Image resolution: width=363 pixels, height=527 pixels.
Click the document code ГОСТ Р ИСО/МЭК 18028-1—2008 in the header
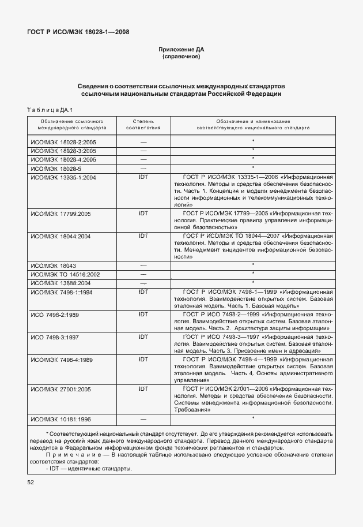[x=78, y=32]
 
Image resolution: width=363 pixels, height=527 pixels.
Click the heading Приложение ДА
[x=181, y=50]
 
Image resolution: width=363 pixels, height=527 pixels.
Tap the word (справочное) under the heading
[x=181, y=57]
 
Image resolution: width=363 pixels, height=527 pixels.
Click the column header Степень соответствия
[x=143, y=125]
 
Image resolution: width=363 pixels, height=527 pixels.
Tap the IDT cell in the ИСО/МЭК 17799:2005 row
[x=143, y=213]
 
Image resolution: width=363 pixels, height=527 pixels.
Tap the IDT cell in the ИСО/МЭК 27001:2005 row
[x=143, y=390]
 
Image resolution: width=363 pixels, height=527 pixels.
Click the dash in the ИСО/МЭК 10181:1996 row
[x=143, y=418]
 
